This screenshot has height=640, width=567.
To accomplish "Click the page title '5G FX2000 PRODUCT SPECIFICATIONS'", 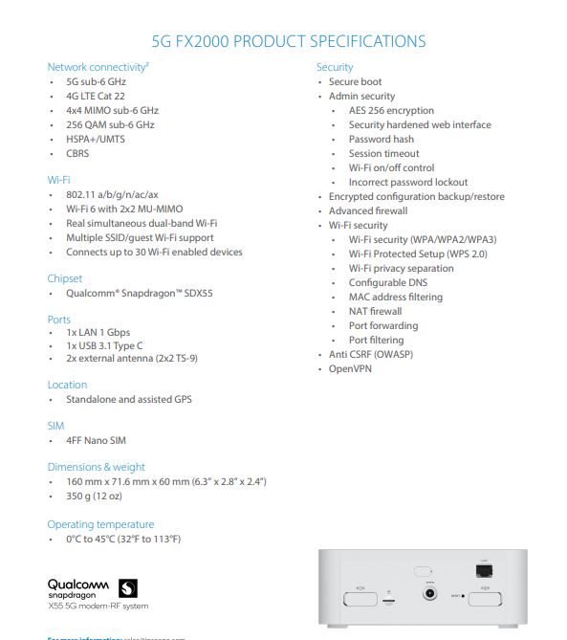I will [x=289, y=41].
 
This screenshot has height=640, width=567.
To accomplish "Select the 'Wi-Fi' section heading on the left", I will [x=58, y=180].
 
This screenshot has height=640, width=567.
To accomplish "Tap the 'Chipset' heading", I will [x=65, y=278].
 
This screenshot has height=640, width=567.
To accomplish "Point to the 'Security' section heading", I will [x=335, y=67].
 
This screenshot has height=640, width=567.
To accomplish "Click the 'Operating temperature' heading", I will [x=100, y=524].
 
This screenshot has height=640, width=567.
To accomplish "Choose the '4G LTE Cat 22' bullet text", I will [x=95, y=96].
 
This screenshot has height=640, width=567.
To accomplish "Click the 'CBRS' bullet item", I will [x=77, y=153].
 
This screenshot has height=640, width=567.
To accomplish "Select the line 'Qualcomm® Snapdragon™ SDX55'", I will [x=139, y=294].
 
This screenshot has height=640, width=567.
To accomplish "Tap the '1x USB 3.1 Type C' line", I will [x=104, y=344].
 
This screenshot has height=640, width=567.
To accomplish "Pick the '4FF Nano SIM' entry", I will [x=96, y=441].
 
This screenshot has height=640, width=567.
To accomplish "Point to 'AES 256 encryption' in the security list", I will [x=391, y=110].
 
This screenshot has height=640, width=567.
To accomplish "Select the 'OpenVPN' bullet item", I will [x=350, y=368].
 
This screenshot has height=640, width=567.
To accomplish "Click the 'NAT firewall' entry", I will [x=375, y=311].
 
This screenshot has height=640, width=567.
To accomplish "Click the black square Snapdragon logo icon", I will [x=128, y=587].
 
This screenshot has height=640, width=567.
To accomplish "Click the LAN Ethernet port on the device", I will [x=484, y=571].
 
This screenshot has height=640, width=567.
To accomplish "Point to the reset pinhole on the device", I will [x=463, y=596].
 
